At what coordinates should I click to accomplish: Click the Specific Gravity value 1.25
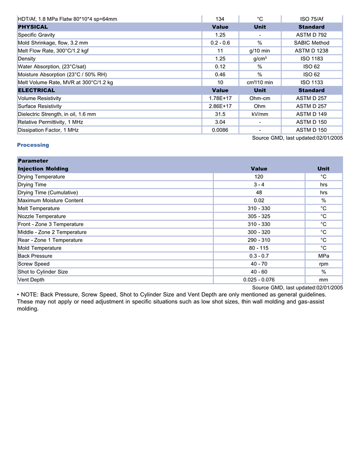(x=220, y=35)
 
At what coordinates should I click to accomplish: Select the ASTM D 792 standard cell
(x=311, y=35)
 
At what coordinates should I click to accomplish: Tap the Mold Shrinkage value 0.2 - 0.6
(x=220, y=43)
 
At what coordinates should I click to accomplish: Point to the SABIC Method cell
(x=311, y=43)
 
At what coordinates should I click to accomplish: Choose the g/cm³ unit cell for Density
(x=260, y=59)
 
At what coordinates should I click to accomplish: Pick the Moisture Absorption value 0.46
(x=220, y=75)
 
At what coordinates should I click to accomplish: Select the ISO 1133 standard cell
(x=311, y=82)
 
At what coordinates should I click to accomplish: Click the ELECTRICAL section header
(x=37, y=90)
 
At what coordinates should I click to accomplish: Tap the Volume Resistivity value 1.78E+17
(x=220, y=98)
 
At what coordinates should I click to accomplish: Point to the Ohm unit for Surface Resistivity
(x=260, y=106)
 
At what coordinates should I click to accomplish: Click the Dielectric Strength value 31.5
(x=220, y=114)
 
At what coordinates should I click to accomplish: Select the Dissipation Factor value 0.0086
(x=220, y=130)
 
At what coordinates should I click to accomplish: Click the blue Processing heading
(x=33, y=145)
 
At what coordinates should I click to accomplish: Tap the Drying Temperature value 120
(x=259, y=177)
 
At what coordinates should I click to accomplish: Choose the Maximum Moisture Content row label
(x=50, y=200)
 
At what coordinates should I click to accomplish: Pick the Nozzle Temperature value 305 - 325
(x=259, y=216)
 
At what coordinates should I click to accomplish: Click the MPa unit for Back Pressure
(x=323, y=256)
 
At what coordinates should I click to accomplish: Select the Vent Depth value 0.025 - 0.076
(x=259, y=280)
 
